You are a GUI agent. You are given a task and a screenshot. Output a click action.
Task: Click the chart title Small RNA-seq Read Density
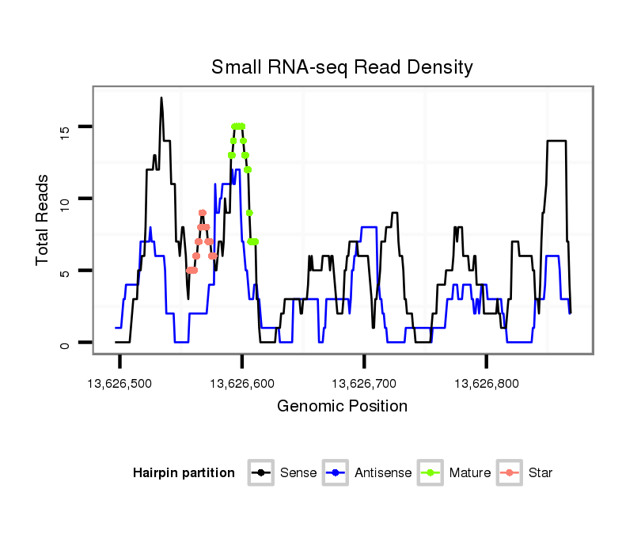tap(342, 67)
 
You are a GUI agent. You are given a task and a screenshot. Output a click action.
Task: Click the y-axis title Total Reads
tap(43, 220)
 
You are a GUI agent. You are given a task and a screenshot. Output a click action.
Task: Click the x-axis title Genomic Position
tap(342, 407)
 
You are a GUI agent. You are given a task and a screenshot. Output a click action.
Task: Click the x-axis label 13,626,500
tap(119, 384)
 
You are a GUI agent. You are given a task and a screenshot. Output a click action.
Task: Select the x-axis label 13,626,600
tap(241, 384)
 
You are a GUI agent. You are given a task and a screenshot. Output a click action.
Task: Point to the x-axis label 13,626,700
tap(363, 384)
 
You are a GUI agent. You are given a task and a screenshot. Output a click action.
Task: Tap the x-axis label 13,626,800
tap(486, 384)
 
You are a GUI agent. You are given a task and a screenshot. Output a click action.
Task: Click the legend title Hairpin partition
tap(184, 473)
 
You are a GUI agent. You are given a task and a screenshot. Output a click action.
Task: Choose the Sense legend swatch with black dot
tap(261, 473)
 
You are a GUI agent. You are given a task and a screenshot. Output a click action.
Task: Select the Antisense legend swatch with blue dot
tap(336, 473)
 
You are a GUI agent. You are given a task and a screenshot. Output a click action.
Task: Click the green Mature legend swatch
tap(431, 473)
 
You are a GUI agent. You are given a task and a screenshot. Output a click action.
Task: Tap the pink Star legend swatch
tap(510, 473)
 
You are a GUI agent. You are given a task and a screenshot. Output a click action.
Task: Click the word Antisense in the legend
tap(383, 473)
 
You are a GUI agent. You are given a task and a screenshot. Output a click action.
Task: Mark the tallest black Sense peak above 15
tap(161, 99)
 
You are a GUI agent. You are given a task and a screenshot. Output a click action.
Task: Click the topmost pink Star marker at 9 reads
tap(203, 213)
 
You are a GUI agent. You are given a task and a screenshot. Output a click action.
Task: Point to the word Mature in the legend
tap(470, 473)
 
